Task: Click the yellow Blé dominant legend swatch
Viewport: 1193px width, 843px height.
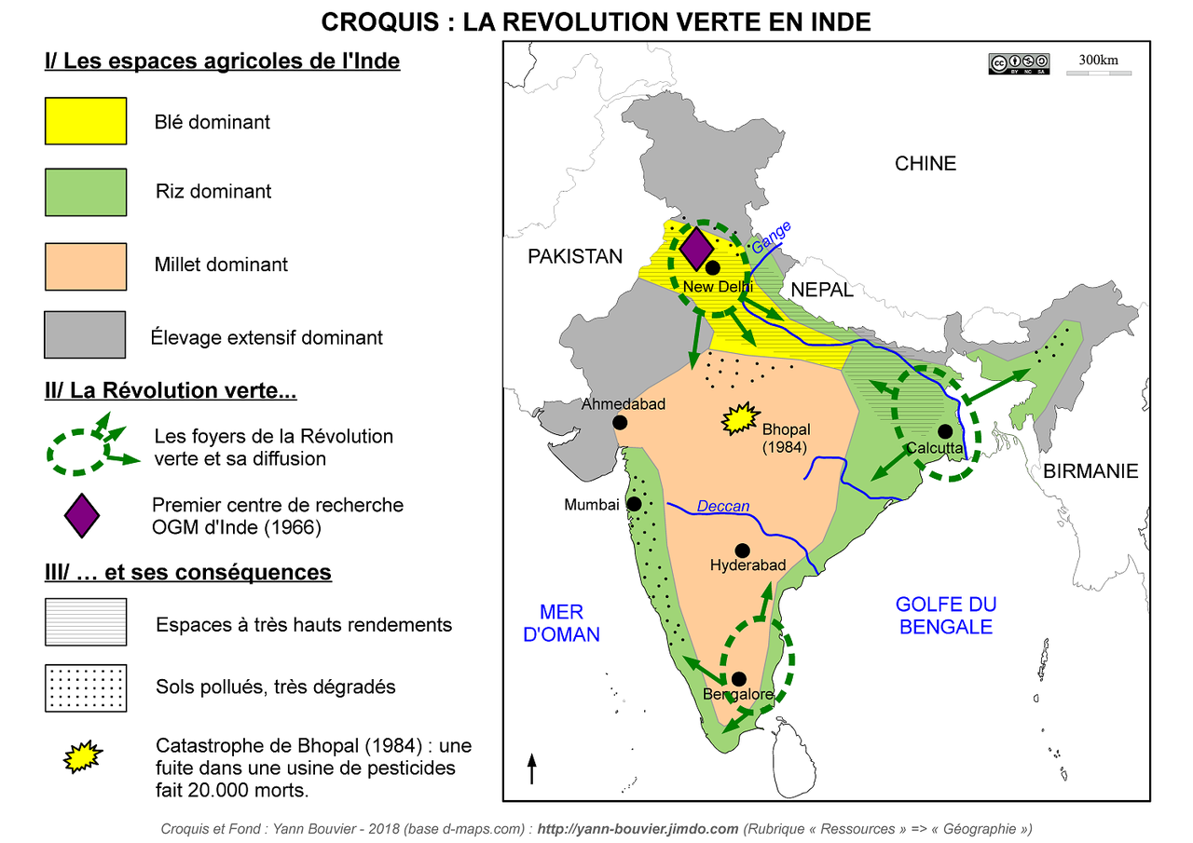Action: point(86,121)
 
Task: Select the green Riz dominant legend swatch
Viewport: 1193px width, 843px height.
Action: point(86,192)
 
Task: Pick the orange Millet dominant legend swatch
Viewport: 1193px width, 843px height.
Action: point(86,266)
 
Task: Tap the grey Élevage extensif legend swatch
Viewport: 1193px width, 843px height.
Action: point(86,334)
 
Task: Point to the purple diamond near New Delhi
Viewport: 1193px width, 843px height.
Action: point(695,248)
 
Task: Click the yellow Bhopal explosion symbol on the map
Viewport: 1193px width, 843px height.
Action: point(741,420)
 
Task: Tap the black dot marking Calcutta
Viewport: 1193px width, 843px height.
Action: point(944,431)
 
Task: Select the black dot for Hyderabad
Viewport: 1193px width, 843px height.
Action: point(743,551)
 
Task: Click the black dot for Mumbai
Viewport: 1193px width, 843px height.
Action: point(634,504)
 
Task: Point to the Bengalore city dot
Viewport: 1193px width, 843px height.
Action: point(739,679)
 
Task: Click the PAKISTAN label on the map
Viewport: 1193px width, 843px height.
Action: point(574,257)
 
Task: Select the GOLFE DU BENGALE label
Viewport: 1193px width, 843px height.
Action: point(945,615)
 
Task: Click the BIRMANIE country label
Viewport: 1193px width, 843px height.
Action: point(1090,471)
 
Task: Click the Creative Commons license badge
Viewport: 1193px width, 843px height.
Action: point(1019,63)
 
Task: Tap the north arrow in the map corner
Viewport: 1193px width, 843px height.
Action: point(532,768)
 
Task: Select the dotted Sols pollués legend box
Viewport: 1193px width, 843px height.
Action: point(86,687)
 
